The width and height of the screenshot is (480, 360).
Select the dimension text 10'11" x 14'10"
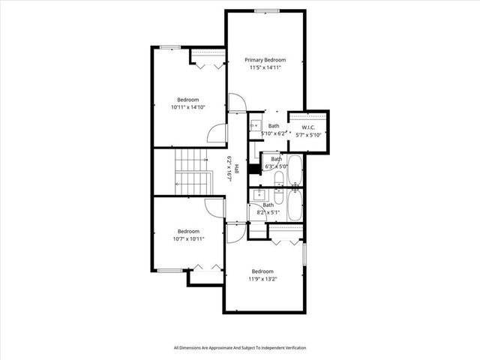point(188,107)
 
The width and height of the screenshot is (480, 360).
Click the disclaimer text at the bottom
point(240,347)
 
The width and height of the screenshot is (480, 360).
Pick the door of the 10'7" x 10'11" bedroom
point(216,208)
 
